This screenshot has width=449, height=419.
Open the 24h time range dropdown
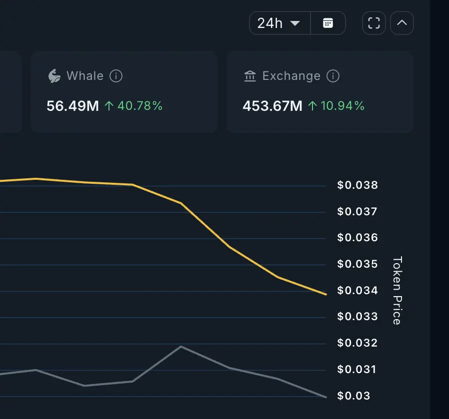[279, 23]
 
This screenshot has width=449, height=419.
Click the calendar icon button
[328, 23]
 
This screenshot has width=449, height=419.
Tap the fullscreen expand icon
[374, 23]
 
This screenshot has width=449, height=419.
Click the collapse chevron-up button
[401, 23]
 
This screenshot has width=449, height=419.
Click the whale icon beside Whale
[54, 76]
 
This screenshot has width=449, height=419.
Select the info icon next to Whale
[116, 76]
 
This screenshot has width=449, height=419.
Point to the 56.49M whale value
[72, 106]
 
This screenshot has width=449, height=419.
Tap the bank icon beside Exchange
[249, 76]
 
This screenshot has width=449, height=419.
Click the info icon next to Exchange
[333, 76]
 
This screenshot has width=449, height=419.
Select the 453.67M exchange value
[272, 106]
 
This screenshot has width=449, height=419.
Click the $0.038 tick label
[357, 185]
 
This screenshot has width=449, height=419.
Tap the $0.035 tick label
[357, 264]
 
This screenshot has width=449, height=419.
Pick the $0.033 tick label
[357, 317]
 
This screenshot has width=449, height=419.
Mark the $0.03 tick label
[354, 396]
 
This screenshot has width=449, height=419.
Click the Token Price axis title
[397, 291]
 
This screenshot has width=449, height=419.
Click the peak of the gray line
[180, 346]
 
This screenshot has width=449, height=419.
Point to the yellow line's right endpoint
[325, 294]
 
